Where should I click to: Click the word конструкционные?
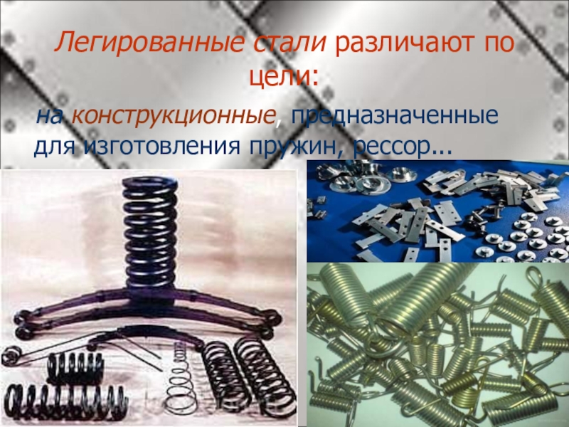click(x=172, y=117)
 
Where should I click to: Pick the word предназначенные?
click(x=395, y=117)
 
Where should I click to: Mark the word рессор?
click(x=388, y=149)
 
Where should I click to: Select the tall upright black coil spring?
click(x=149, y=232)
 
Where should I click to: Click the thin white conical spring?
click(x=181, y=382)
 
